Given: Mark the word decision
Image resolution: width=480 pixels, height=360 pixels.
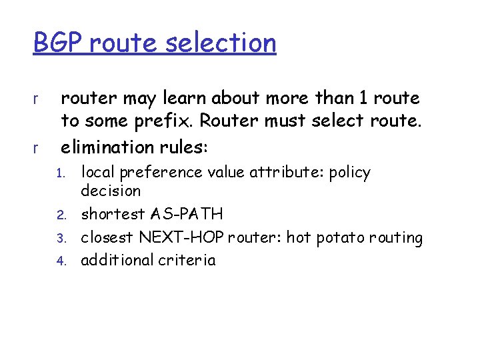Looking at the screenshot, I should click(111, 191).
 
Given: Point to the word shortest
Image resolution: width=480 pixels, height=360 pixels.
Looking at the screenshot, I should click(111, 215).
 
